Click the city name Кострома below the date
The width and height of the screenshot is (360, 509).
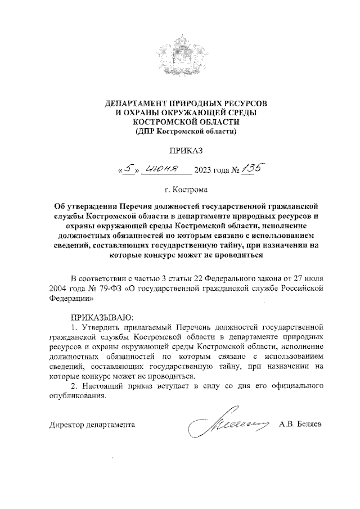pyautogui.click(x=190, y=190)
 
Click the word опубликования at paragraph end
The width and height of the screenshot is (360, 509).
pyautogui.click(x=76, y=397)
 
